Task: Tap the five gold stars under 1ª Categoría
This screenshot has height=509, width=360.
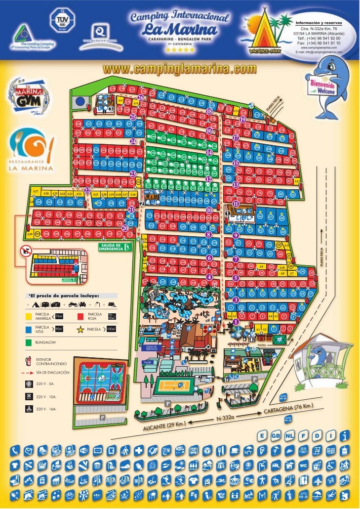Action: point(179,50)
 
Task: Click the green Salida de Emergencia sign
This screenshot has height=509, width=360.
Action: point(114,247)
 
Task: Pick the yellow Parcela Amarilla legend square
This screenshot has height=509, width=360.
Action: point(29,316)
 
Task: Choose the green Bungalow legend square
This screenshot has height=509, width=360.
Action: point(29,342)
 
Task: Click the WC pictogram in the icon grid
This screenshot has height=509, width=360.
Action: point(304,466)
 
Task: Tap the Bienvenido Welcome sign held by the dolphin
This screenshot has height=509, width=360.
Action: point(322,88)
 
